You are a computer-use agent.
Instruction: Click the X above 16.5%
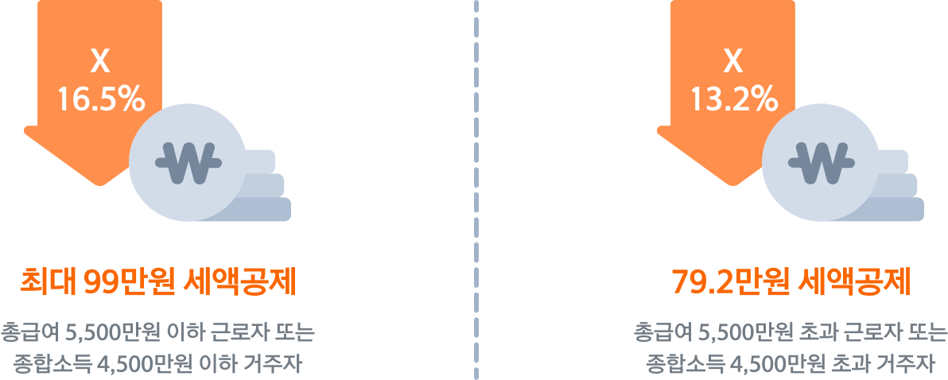[99, 60]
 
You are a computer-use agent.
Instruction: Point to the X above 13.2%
[732, 60]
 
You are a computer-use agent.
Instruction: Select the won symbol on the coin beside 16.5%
[188, 162]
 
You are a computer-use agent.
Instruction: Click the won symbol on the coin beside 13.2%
[821, 162]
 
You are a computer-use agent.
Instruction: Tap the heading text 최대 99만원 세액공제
[157, 282]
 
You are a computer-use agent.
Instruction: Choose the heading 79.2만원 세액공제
[791, 282]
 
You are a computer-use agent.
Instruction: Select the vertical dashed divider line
[476, 191]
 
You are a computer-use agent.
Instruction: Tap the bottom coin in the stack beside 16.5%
[270, 209]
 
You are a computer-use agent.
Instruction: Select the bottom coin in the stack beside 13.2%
[903, 209]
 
